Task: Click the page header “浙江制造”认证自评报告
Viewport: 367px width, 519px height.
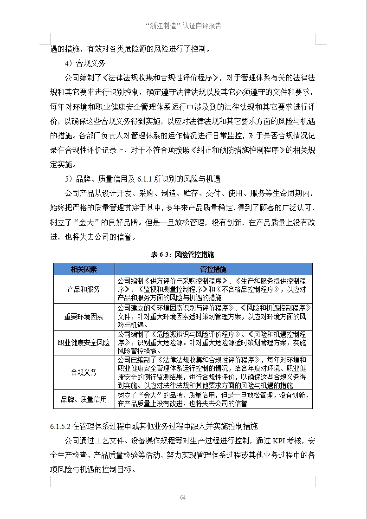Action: point(183,26)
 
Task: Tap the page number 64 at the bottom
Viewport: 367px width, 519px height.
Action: point(183,498)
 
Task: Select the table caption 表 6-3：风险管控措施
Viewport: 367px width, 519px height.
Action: point(183,254)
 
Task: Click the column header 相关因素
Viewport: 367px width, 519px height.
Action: point(84,270)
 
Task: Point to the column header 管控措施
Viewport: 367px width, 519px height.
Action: point(213,270)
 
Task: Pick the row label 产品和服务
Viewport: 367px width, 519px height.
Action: point(84,289)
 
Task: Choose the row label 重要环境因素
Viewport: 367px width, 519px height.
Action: point(84,317)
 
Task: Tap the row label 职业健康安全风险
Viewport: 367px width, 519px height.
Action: point(84,343)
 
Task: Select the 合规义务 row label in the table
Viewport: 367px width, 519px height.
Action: point(84,372)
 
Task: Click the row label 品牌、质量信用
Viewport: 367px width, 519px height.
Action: point(84,399)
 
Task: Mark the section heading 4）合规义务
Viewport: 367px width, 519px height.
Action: point(85,64)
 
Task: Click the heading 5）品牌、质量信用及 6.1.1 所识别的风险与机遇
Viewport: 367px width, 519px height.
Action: point(142,179)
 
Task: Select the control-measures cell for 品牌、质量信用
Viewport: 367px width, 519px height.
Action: point(213,399)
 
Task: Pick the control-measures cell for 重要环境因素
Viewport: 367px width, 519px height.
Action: point(213,317)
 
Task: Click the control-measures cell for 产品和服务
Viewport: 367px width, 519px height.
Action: point(213,289)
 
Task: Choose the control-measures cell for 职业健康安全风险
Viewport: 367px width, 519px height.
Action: point(213,343)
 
